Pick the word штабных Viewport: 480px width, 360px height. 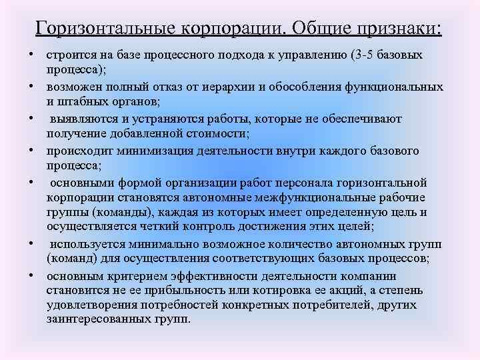pyautogui.click(x=83, y=101)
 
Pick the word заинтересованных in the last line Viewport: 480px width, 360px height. pyautogui.click(x=93, y=319)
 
